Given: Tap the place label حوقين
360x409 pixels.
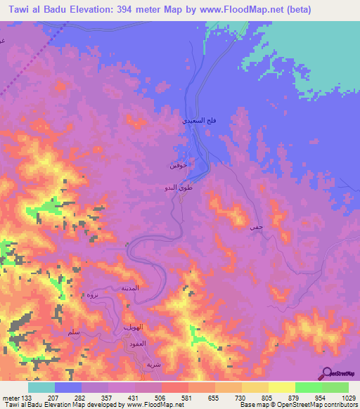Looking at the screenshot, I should (x=177, y=167).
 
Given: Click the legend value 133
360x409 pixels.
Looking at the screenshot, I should (x=28, y=398).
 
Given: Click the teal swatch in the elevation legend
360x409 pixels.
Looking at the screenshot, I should (x=41, y=387).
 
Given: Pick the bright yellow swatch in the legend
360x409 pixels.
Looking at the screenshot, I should (x=281, y=387).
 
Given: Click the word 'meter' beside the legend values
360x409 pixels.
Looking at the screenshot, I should (x=11, y=398).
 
